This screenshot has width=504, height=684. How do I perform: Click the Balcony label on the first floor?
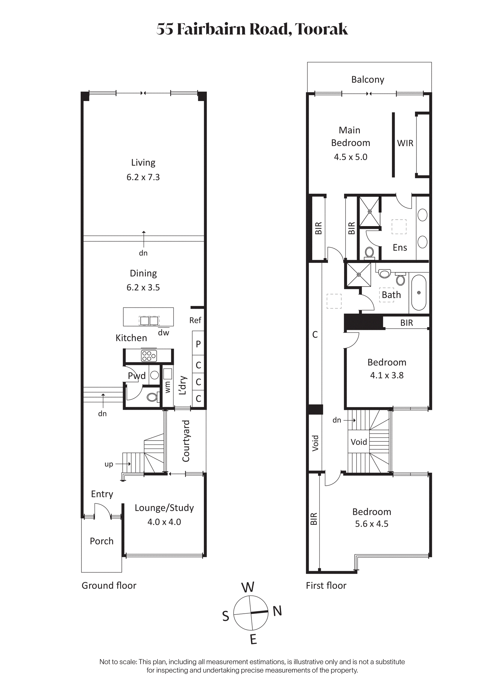pyautogui.click(x=368, y=80)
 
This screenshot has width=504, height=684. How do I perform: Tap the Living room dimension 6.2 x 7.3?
pyautogui.click(x=143, y=177)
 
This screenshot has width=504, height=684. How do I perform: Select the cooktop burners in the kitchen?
pyautogui.click(x=149, y=356)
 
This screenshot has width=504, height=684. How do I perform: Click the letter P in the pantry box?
pyautogui.click(x=198, y=344)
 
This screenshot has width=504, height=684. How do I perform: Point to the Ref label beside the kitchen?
pyautogui.click(x=195, y=320)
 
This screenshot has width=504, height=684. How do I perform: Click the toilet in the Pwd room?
pyautogui.click(x=152, y=397)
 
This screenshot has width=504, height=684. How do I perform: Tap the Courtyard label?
pyautogui.click(x=186, y=441)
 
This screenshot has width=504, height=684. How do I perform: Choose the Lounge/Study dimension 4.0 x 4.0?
pyautogui.click(x=164, y=522)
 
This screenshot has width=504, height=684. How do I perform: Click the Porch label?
pyautogui.click(x=101, y=541)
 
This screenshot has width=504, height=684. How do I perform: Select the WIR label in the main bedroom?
pyautogui.click(x=405, y=143)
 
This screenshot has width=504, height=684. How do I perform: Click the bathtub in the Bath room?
pyautogui.click(x=419, y=293)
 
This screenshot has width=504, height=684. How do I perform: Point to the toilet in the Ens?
pyautogui.click(x=370, y=253)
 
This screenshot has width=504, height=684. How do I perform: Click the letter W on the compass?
pyautogui.click(x=248, y=587)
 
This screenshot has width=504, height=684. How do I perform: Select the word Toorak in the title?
pyautogui.click(x=321, y=29)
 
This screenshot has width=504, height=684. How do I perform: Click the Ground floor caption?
pyautogui.click(x=109, y=586)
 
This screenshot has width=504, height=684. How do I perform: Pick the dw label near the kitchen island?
pyautogui.click(x=164, y=333)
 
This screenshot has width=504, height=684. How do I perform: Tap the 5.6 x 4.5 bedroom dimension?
pyautogui.click(x=372, y=524)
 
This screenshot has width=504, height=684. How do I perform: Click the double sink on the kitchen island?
pyautogui.click(x=150, y=321)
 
